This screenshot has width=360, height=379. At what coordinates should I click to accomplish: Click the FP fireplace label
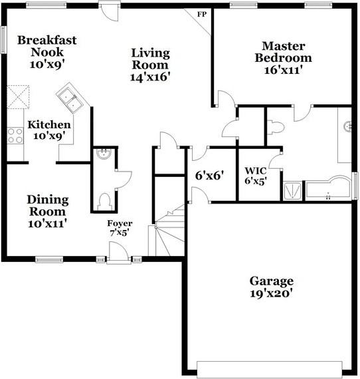(x=202, y=15)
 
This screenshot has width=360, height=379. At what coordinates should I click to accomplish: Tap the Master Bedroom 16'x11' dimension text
(x=283, y=70)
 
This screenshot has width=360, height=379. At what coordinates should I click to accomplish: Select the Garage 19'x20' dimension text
(x=271, y=293)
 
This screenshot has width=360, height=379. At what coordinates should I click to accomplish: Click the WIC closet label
(x=256, y=171)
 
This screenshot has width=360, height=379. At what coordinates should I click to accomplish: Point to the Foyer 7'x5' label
(x=120, y=227)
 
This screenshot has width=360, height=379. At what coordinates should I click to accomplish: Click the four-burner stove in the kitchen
(x=15, y=136)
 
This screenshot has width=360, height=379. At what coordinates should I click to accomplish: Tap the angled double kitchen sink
(x=70, y=99)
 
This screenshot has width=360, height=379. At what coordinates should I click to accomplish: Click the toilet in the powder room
(x=105, y=201)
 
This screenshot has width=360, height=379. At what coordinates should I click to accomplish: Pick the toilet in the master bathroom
(x=276, y=127)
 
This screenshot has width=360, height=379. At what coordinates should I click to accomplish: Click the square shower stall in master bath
(x=292, y=191)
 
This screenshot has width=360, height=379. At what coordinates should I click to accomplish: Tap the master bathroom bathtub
(x=328, y=188)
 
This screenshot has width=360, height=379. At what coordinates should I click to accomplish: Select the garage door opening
(x=270, y=369)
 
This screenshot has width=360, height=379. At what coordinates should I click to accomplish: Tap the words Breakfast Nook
(x=47, y=46)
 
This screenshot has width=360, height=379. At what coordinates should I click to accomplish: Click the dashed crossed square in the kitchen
(x=18, y=97)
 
